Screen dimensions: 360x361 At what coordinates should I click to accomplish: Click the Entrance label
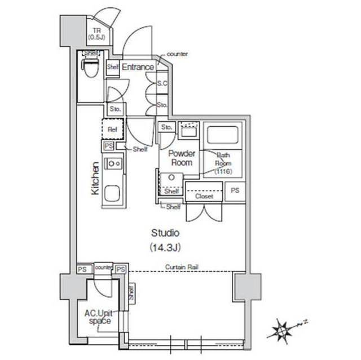click(x=138, y=67)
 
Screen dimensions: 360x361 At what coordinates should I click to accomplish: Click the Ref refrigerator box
click(x=112, y=129)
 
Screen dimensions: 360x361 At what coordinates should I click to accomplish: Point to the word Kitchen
click(x=95, y=179)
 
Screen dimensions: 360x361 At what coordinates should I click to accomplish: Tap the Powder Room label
click(x=180, y=158)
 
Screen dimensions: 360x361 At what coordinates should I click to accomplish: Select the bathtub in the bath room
click(x=223, y=136)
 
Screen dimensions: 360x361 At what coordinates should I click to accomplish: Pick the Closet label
click(x=204, y=197)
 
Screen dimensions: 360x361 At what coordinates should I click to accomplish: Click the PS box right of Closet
click(x=235, y=191)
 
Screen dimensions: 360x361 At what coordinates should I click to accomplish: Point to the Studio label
click(x=165, y=232)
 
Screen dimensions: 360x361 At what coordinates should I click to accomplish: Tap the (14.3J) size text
click(x=165, y=247)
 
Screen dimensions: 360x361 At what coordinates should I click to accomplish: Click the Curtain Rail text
click(x=181, y=266)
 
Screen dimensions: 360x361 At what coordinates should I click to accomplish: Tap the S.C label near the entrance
click(x=162, y=83)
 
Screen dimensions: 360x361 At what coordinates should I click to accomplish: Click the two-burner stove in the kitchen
click(x=113, y=163)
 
